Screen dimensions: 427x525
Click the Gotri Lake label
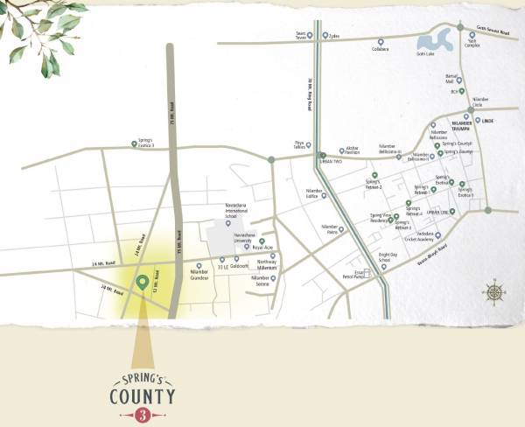pyautogui.click(x=426, y=53)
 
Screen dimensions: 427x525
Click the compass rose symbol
pyautogui.click(x=495, y=293)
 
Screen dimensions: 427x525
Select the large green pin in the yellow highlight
pyautogui.click(x=142, y=283)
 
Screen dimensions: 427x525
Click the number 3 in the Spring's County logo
pyautogui.click(x=142, y=416)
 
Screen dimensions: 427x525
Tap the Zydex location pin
pyautogui.click(x=325, y=36)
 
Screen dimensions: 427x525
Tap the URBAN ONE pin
pyautogui.click(x=452, y=211)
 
